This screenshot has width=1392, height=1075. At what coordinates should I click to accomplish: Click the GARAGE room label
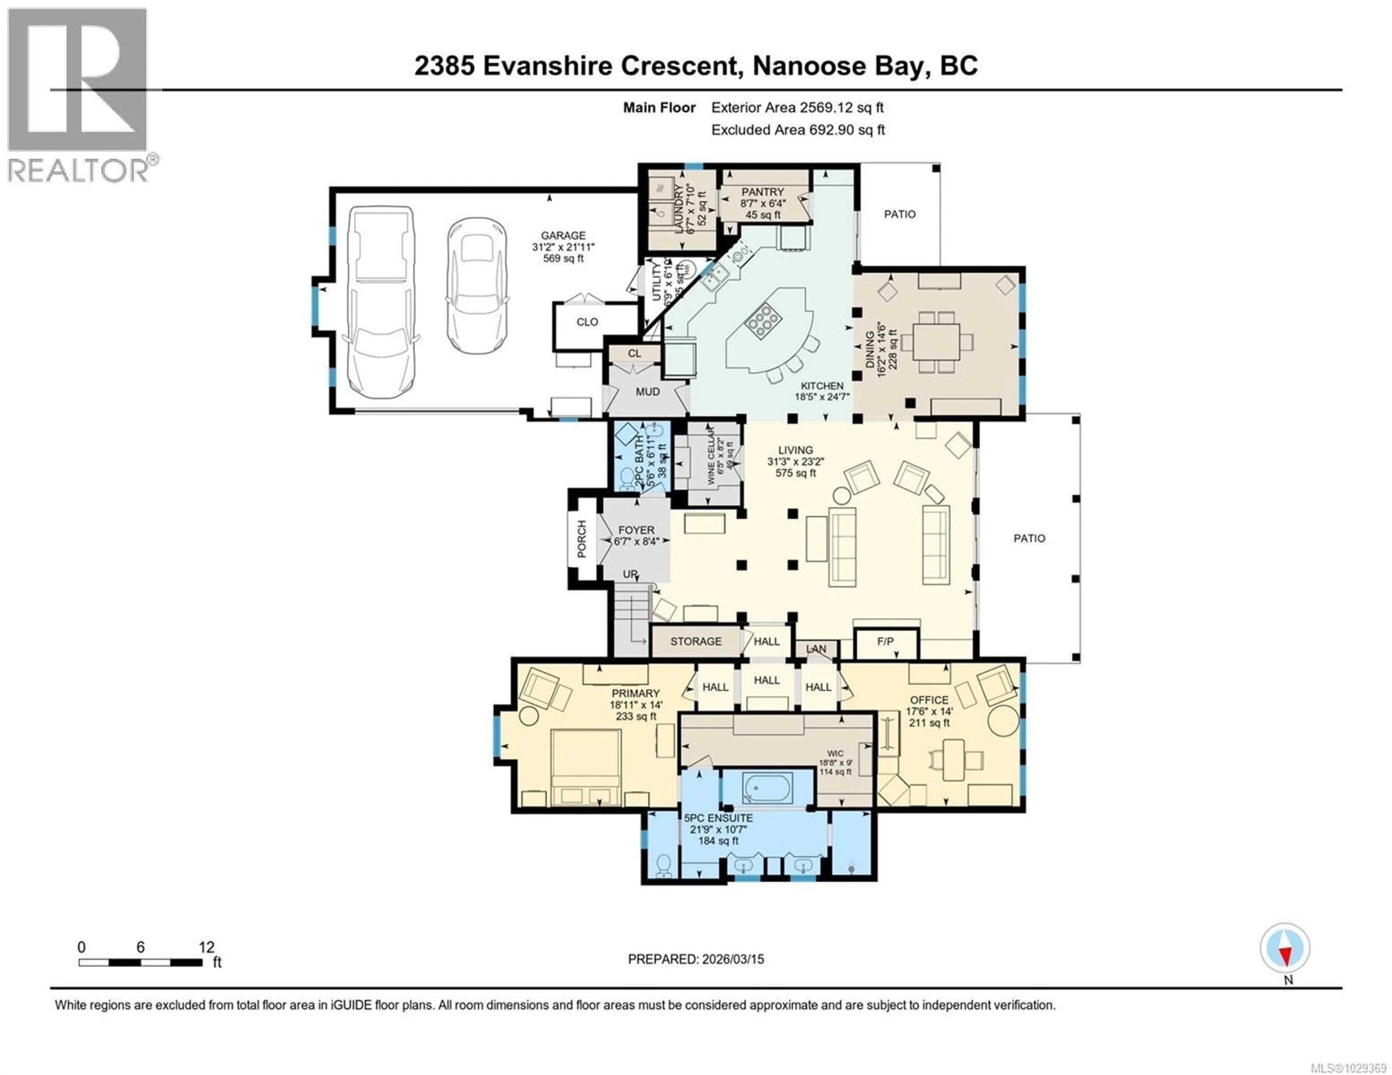(563, 235)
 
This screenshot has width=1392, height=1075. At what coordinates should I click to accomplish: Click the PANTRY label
(762, 192)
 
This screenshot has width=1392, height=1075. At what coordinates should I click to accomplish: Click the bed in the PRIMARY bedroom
(586, 767)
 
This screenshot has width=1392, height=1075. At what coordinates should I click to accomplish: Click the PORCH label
(582, 539)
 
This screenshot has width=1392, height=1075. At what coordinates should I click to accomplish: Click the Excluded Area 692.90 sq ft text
(797, 130)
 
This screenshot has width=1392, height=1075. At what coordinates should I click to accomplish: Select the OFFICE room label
(929, 700)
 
